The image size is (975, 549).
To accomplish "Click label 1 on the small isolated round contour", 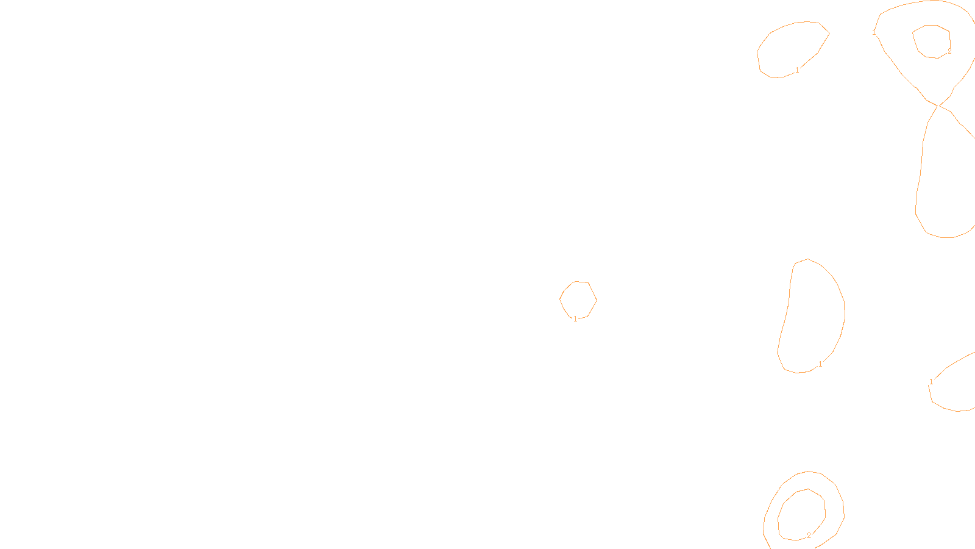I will [575, 319].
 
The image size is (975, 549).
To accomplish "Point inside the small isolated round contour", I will [578, 300].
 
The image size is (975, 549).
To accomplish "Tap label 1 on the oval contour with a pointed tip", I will [797, 70].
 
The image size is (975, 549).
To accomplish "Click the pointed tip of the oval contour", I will [829, 33].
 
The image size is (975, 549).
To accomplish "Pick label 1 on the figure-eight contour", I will [874, 32].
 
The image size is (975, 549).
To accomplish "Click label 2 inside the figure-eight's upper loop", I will [949, 51].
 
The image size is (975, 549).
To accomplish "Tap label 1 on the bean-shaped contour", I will [820, 364].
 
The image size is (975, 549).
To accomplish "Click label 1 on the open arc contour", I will [931, 382].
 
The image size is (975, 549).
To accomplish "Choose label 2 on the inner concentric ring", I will [809, 535].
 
